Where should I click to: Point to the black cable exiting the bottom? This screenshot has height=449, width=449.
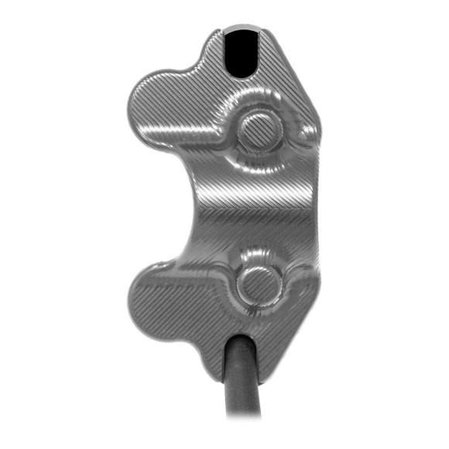[242, 379]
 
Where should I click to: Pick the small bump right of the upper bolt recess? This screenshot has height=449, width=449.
[298, 130]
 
